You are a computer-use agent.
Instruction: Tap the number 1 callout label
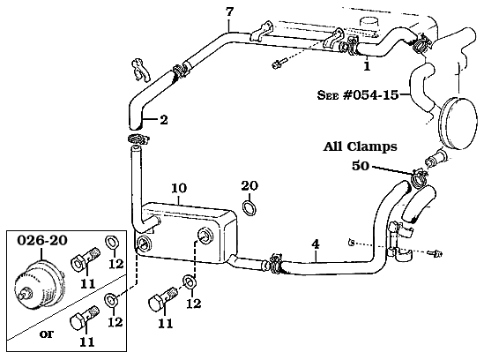point(367,64)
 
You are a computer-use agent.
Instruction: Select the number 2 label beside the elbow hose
point(162,120)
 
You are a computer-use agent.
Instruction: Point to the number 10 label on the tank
point(178,188)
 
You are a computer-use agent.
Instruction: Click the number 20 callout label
point(249,185)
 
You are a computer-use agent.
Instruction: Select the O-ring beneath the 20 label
point(250,208)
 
